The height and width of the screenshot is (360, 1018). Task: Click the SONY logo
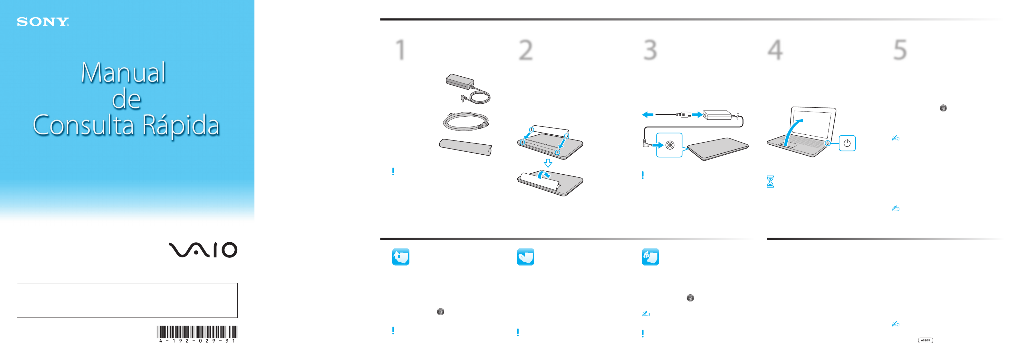[43, 22]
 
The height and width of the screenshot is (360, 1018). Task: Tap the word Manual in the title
[123, 73]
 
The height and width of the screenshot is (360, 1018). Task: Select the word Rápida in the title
[181, 126]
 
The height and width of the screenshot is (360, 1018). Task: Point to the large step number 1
[401, 50]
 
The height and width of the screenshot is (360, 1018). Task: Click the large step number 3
[650, 50]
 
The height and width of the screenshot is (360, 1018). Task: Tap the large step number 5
[900, 50]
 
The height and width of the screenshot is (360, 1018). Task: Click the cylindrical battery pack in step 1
[465, 147]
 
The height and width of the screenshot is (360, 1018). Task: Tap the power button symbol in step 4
[847, 143]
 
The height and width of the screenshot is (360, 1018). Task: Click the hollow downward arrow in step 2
[548, 163]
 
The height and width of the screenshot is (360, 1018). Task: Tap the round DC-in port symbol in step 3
[670, 145]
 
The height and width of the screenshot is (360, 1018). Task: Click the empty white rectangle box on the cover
[127, 300]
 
